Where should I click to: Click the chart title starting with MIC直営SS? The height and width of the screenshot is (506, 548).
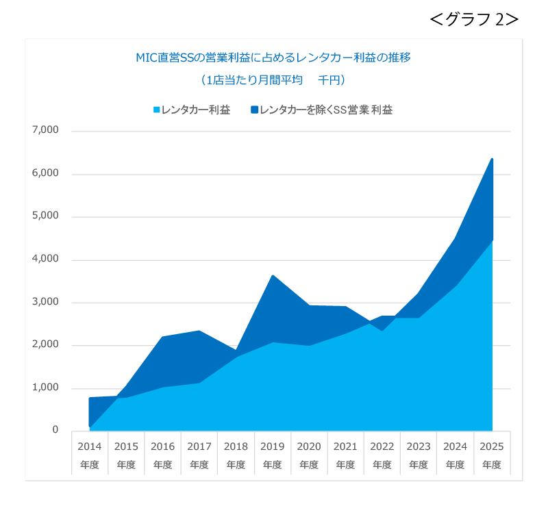(x=273, y=58)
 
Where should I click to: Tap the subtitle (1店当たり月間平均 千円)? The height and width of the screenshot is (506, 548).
(x=273, y=81)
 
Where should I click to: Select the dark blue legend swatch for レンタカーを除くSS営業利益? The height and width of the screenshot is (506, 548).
(x=255, y=110)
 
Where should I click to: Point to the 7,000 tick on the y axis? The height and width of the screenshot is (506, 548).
(x=46, y=130)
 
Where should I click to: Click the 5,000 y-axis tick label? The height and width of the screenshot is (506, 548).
(x=46, y=216)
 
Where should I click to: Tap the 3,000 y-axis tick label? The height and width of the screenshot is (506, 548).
(x=46, y=302)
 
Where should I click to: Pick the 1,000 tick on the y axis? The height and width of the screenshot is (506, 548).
(x=46, y=388)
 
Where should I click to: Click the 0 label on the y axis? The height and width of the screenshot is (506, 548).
(x=55, y=430)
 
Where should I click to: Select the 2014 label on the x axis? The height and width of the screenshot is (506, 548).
(x=90, y=446)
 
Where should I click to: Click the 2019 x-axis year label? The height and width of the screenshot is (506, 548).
(x=272, y=446)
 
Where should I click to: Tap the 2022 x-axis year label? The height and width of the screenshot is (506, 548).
(x=382, y=446)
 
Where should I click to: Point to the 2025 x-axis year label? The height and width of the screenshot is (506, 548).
(x=491, y=446)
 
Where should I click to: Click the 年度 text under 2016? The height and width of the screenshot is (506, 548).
(x=162, y=465)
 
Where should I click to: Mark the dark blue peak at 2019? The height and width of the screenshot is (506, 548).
(x=273, y=275)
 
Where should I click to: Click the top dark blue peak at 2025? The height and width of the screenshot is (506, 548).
(x=492, y=159)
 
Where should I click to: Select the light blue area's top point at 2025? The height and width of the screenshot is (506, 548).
(x=492, y=240)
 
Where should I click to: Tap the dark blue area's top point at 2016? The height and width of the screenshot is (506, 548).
(x=163, y=337)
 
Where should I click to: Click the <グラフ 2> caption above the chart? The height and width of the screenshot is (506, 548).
(x=473, y=20)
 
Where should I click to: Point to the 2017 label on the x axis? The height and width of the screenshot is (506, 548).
(x=199, y=446)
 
